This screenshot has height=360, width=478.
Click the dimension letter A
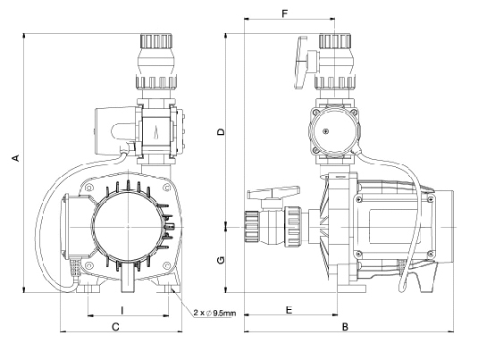(x=15, y=158)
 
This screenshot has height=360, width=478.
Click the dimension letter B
(x=345, y=327)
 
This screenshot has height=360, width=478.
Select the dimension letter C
(x=115, y=327)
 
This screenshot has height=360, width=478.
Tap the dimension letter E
(x=289, y=310)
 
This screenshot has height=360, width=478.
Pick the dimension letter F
(x=285, y=13)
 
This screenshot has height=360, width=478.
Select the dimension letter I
(x=122, y=310)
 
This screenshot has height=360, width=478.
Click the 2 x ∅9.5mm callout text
(x=214, y=313)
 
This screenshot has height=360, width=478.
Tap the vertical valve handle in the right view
(x=301, y=63)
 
